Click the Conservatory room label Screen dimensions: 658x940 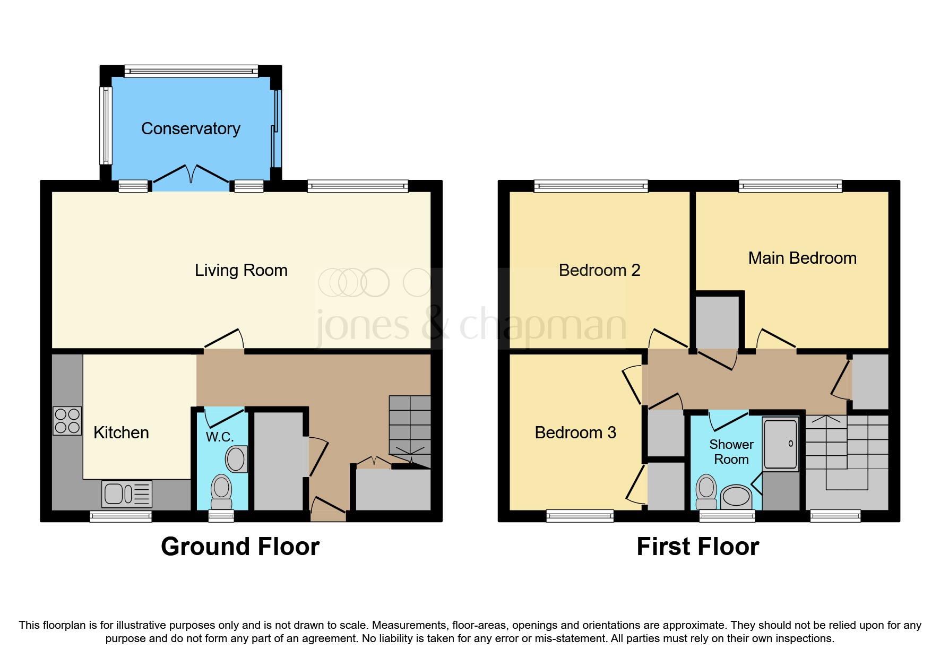point(191,128)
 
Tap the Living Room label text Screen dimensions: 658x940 point(241,270)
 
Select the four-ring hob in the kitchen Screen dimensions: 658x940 point(67,421)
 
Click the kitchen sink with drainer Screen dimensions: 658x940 point(127,494)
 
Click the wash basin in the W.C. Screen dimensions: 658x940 point(237,458)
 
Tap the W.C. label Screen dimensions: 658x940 point(219,437)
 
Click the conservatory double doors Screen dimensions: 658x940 point(191,177)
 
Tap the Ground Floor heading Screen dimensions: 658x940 point(240,547)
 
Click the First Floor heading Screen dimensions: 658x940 point(697,547)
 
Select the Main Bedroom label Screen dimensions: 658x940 point(802,258)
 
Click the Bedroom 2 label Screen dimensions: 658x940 point(599,270)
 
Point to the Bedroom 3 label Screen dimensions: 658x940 point(575,432)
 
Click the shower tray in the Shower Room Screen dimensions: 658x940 point(780,444)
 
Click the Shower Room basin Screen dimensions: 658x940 point(736,497)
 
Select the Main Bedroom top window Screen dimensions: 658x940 point(790,186)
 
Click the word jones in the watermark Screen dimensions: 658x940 point(363,325)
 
